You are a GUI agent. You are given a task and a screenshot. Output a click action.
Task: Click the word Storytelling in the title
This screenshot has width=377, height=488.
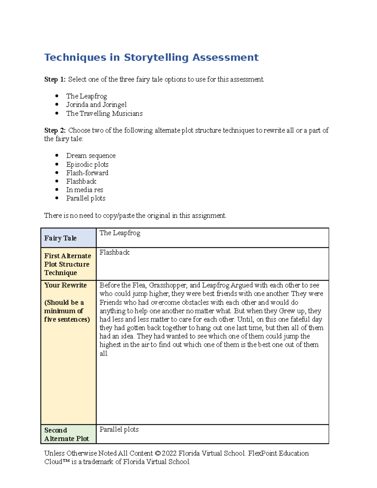pyautogui.click(x=156, y=58)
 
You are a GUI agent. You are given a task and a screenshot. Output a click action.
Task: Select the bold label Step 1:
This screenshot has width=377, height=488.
pyautogui.click(x=55, y=80)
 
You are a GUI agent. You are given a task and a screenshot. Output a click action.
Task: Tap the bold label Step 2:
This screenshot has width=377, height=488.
pyautogui.click(x=55, y=130)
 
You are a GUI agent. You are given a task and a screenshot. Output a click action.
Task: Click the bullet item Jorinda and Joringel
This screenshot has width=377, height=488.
pyautogui.click(x=96, y=105)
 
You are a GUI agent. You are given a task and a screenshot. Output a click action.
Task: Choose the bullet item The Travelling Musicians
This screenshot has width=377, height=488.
pyautogui.click(x=104, y=113)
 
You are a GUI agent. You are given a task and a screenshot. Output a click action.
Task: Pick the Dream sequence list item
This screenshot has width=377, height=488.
pyautogui.click(x=91, y=156)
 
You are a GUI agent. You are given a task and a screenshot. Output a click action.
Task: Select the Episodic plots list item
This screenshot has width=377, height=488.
pyautogui.click(x=87, y=164)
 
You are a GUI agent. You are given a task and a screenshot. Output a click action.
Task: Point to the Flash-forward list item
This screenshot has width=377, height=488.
pyautogui.click(x=87, y=173)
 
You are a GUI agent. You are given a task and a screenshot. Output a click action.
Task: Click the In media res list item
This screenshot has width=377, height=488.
pyautogui.click(x=85, y=190)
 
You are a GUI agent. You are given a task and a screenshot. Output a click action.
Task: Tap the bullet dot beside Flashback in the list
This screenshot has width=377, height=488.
pyautogui.click(x=57, y=181)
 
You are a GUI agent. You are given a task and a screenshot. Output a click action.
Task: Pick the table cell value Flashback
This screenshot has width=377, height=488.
pyautogui.click(x=114, y=253)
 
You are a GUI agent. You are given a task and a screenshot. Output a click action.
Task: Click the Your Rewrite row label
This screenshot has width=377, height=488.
pyautogui.click(x=65, y=285)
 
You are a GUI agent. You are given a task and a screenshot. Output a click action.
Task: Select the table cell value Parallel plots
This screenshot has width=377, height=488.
pyautogui.click(x=119, y=430)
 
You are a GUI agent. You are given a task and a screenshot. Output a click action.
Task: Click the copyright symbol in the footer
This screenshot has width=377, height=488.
pyautogui.click(x=158, y=453)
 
